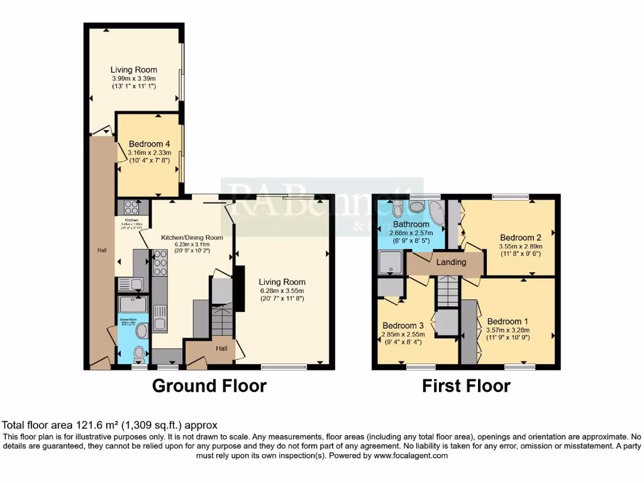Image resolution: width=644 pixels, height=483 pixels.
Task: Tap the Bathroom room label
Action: tap(411, 224)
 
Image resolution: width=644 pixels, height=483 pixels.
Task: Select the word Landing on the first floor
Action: tap(452, 262)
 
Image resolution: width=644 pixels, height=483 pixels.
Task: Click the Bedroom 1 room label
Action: tap(508, 321)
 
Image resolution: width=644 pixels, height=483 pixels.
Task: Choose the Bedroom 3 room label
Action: tap(403, 325)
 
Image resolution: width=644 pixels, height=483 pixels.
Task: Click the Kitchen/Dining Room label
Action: tap(192, 237)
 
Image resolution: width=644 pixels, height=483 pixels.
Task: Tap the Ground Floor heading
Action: tap(209, 385)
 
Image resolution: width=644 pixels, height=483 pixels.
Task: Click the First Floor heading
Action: tap(466, 385)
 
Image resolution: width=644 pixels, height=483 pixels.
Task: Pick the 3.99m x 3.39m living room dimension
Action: tap(134, 78)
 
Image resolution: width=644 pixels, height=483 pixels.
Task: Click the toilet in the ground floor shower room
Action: tap(141, 331)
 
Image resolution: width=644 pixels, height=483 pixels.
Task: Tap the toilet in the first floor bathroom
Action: tap(397, 209)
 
